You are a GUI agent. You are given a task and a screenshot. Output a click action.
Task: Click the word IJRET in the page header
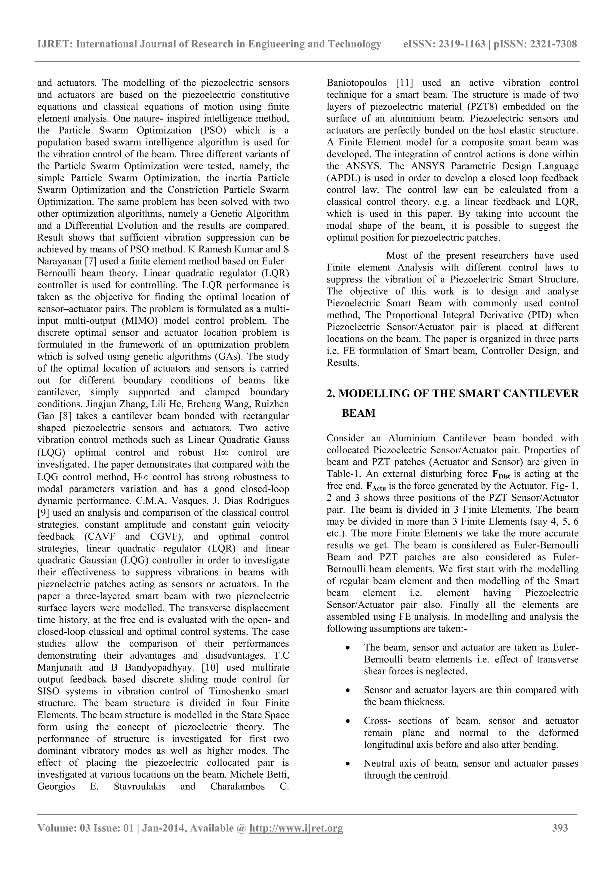pyautogui.click(x=54, y=45)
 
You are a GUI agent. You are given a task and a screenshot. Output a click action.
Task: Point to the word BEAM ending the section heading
pyautogui.click(x=359, y=413)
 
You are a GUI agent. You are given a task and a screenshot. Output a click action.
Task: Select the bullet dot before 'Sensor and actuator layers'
pyautogui.click(x=347, y=690)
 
